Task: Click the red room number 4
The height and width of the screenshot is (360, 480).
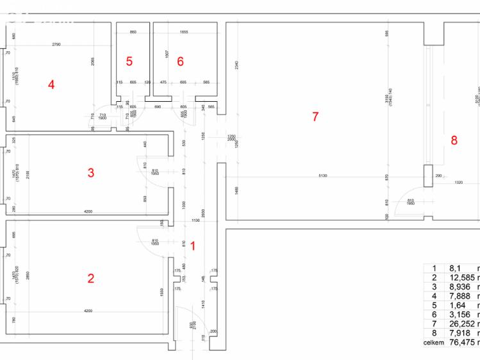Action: (51, 85)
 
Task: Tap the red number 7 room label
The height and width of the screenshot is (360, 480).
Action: (315, 117)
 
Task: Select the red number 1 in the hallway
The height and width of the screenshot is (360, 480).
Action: (193, 244)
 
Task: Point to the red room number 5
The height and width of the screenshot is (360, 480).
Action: (129, 61)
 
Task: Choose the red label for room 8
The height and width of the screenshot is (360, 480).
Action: (454, 141)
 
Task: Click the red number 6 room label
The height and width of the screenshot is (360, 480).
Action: (180, 61)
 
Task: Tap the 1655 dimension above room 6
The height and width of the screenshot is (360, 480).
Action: (184, 31)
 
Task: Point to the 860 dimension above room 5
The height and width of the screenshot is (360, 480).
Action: (133, 31)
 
